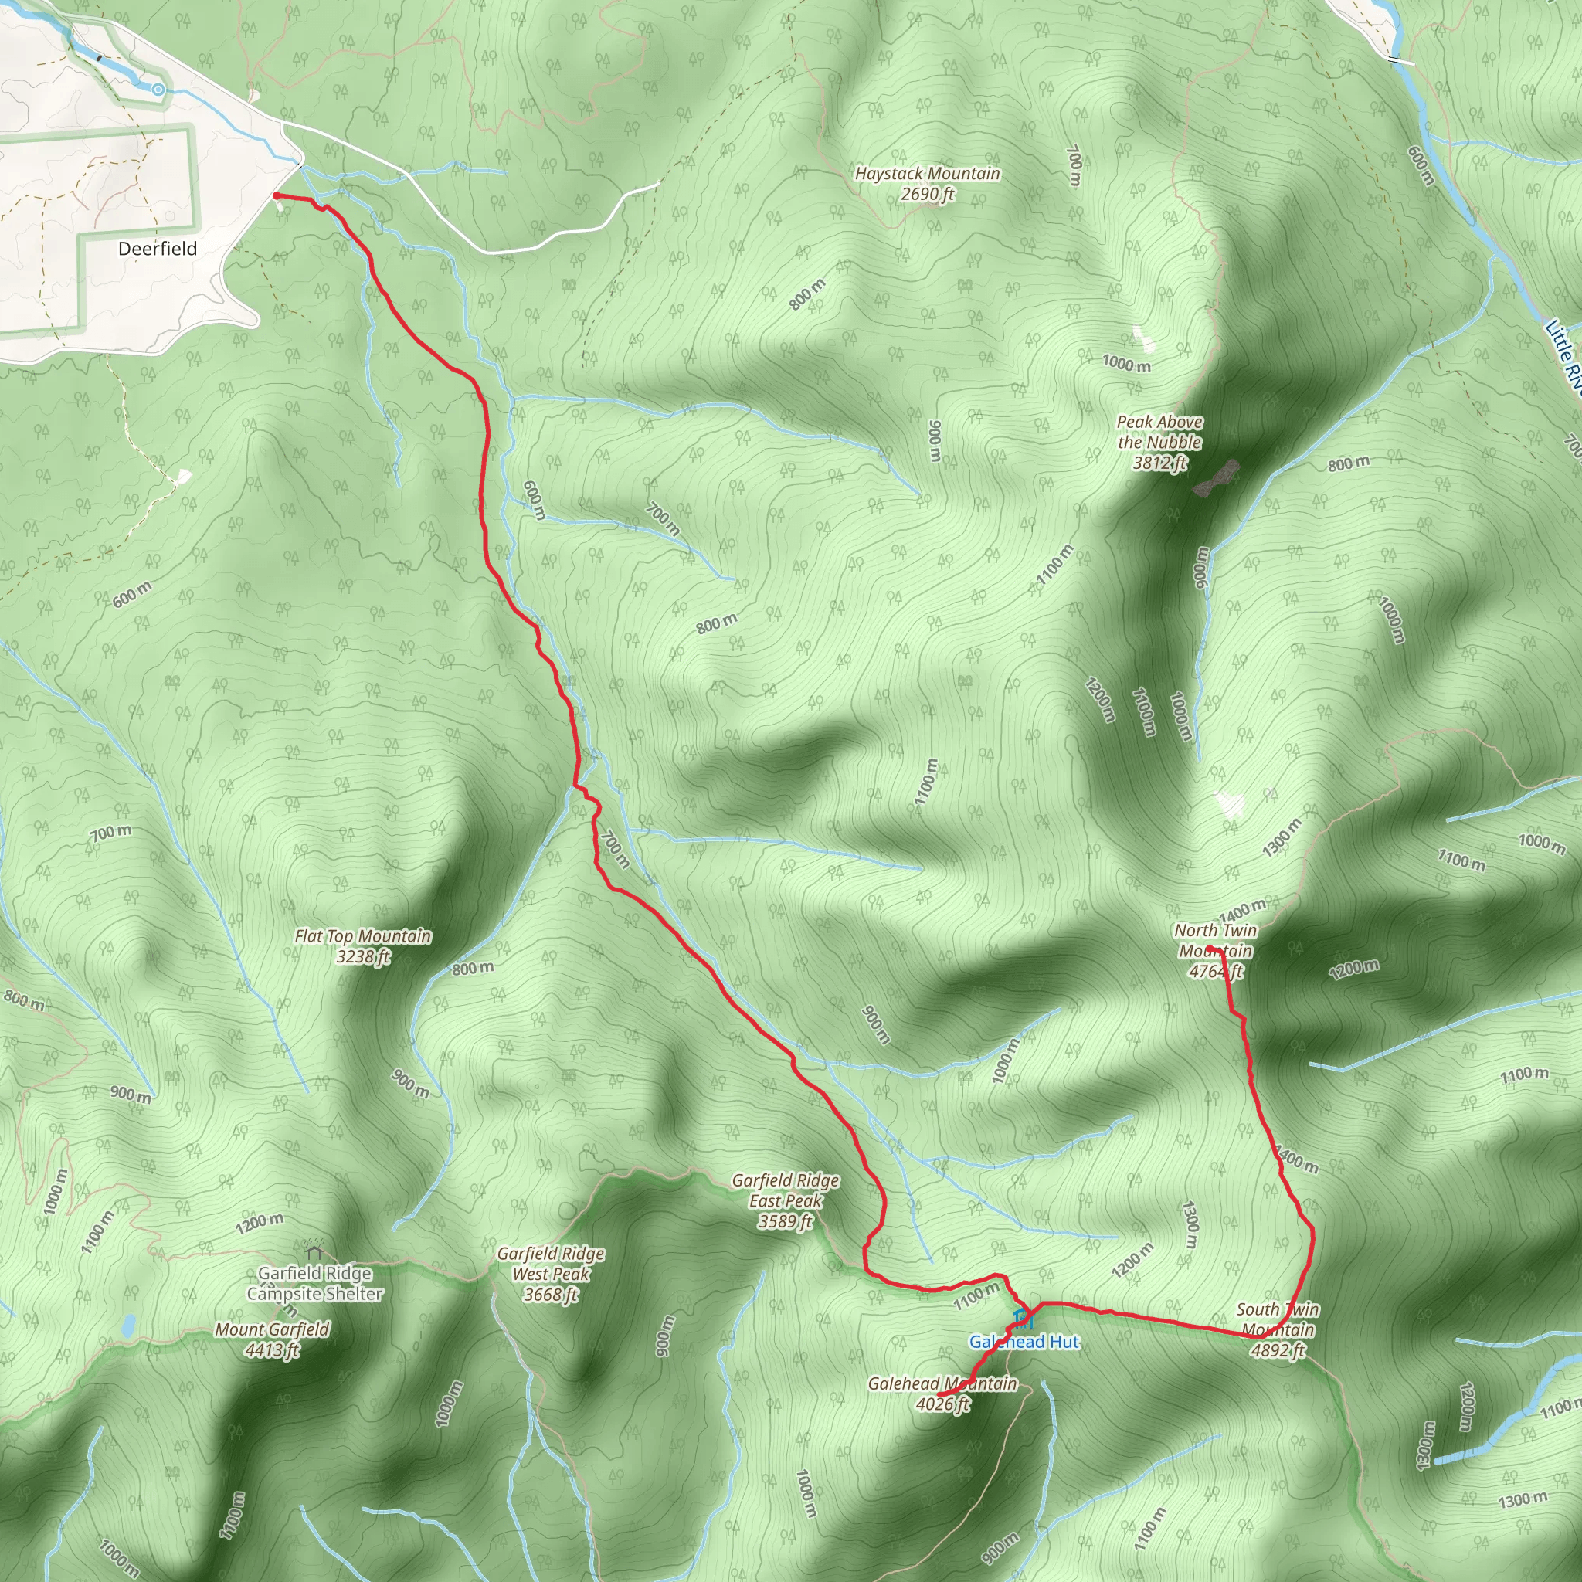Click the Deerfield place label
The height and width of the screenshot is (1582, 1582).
click(x=158, y=249)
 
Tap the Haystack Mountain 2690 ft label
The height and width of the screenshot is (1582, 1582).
click(x=927, y=183)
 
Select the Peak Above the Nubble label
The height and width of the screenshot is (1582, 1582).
click(x=1159, y=442)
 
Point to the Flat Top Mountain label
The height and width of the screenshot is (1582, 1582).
click(x=363, y=945)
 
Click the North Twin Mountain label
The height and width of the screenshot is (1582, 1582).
click(x=1215, y=951)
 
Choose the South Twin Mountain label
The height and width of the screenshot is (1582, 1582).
click(x=1278, y=1330)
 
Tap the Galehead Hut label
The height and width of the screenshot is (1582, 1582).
click(x=1024, y=1342)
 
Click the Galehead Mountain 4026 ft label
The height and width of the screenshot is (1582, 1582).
click(x=942, y=1394)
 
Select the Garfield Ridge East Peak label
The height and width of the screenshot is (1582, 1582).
click(x=786, y=1200)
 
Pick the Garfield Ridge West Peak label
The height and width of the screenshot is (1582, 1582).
click(x=551, y=1274)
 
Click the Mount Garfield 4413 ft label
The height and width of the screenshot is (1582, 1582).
click(x=272, y=1339)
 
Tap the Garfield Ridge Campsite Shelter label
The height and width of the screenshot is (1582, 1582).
click(x=314, y=1284)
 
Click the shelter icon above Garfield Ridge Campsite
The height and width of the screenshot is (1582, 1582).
click(x=314, y=1252)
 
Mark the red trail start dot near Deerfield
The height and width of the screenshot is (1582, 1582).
click(x=276, y=195)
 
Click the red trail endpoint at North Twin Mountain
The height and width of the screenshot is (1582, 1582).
click(x=1210, y=949)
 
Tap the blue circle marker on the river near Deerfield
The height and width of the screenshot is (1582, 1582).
click(x=158, y=90)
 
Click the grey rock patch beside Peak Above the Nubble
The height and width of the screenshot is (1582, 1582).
click(x=1216, y=478)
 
